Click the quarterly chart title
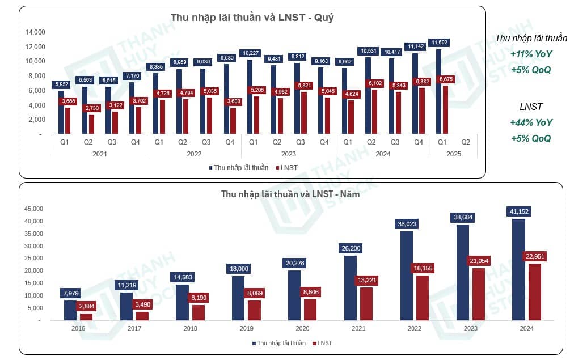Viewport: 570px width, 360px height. point(252,18)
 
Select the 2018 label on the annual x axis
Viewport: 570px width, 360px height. point(191,328)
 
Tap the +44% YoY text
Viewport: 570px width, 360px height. point(531,122)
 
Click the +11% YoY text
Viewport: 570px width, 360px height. point(531,54)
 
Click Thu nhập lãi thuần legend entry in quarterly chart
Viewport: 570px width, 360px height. point(238,167)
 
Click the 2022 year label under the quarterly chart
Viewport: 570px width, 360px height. point(194,154)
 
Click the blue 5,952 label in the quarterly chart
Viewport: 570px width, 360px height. point(62,85)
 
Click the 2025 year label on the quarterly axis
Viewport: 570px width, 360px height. point(454,154)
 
